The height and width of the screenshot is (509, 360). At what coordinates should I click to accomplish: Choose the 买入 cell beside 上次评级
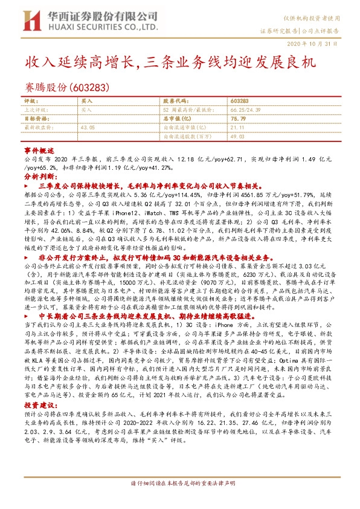pos(86,110)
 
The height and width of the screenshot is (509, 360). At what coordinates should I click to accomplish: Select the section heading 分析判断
pos(39,177)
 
